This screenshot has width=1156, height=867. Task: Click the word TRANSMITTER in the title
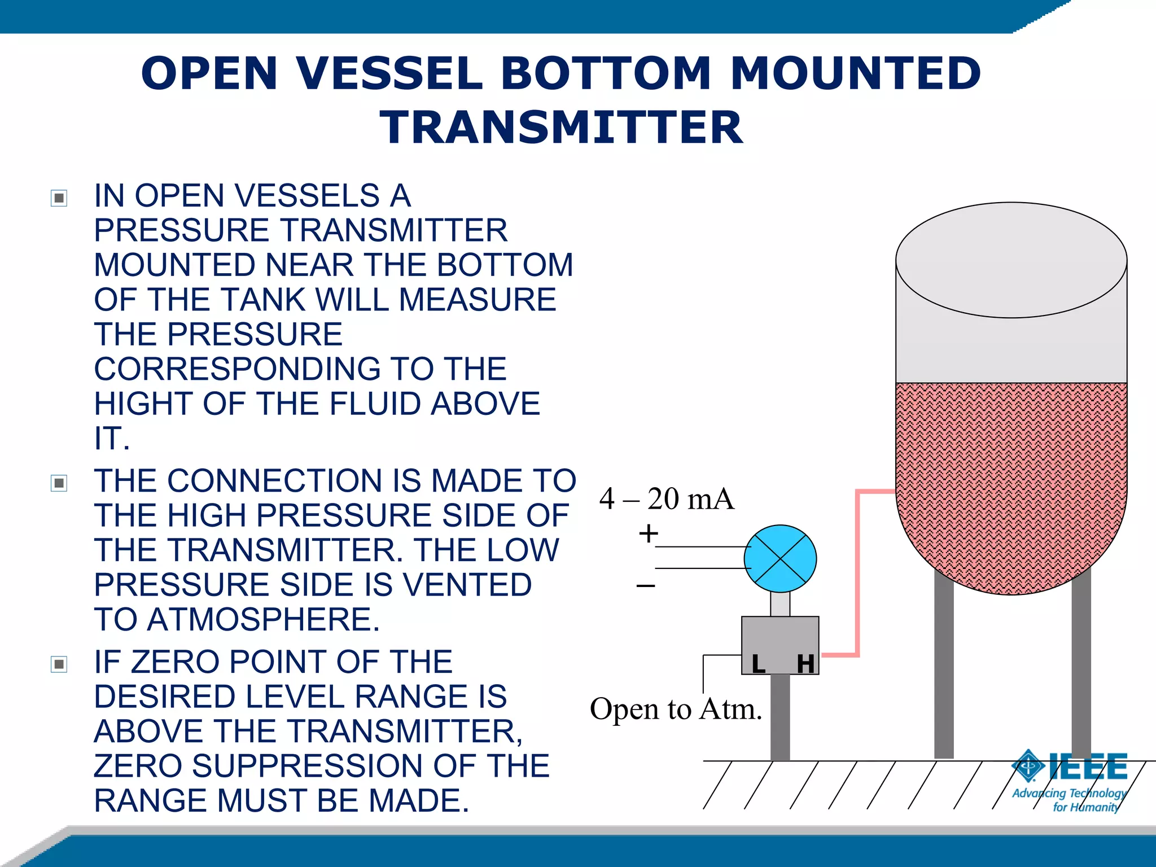pos(561,128)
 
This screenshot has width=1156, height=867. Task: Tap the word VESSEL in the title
pos(389,73)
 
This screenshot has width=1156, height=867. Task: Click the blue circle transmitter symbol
pos(780,559)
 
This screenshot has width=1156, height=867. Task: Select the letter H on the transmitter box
pos(805,664)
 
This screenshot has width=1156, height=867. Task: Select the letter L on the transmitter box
pos(758,664)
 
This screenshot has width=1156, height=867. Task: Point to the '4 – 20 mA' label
pos(667,499)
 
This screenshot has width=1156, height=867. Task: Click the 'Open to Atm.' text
pos(676,709)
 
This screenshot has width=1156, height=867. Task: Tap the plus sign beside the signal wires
pos(649,533)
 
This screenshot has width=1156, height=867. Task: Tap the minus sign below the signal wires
pos(646,586)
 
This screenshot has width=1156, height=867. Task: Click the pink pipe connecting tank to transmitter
pos(858,570)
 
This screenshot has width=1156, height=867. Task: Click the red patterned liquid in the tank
pos(1010,480)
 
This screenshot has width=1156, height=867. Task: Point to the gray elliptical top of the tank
pos(1011,260)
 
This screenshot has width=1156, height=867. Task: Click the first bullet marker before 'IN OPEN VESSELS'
pos(59,198)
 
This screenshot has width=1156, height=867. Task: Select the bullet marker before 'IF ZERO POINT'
pos(59,664)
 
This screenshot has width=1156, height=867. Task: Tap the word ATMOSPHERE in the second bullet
pos(263,619)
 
